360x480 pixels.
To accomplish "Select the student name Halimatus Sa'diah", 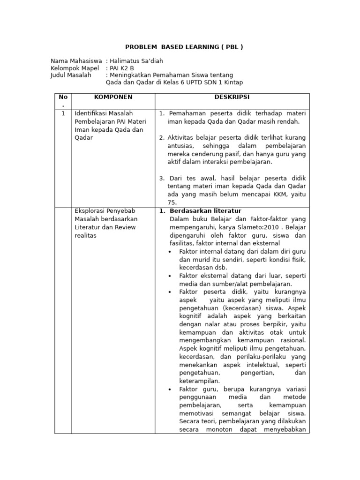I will (136, 61).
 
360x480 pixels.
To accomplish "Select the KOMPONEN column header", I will (113, 97).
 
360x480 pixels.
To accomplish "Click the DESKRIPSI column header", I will (232, 97).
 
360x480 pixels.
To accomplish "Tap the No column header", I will (63, 97).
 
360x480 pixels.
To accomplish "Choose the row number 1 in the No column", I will (63, 113).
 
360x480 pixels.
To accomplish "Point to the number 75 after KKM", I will (172, 202).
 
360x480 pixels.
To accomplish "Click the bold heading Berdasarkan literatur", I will (205, 211).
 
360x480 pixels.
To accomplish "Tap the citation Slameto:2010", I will (255, 227).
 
